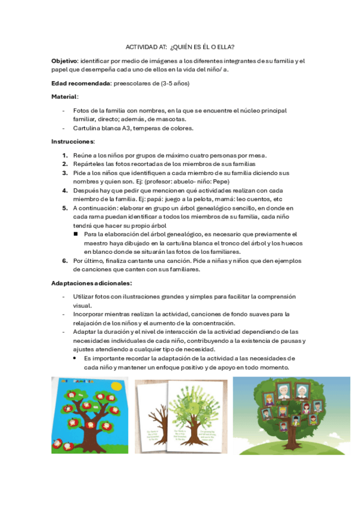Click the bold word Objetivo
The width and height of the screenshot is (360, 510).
click(x=64, y=61)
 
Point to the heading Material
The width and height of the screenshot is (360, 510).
click(x=64, y=97)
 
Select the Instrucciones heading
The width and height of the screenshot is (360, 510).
click(x=73, y=141)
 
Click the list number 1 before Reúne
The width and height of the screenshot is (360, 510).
click(x=64, y=155)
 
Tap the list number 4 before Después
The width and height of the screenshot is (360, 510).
click(x=64, y=190)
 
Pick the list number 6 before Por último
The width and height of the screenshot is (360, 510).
click(x=64, y=261)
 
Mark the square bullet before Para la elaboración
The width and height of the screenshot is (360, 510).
click(x=76, y=235)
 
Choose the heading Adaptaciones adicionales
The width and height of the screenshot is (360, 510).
click(x=92, y=283)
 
